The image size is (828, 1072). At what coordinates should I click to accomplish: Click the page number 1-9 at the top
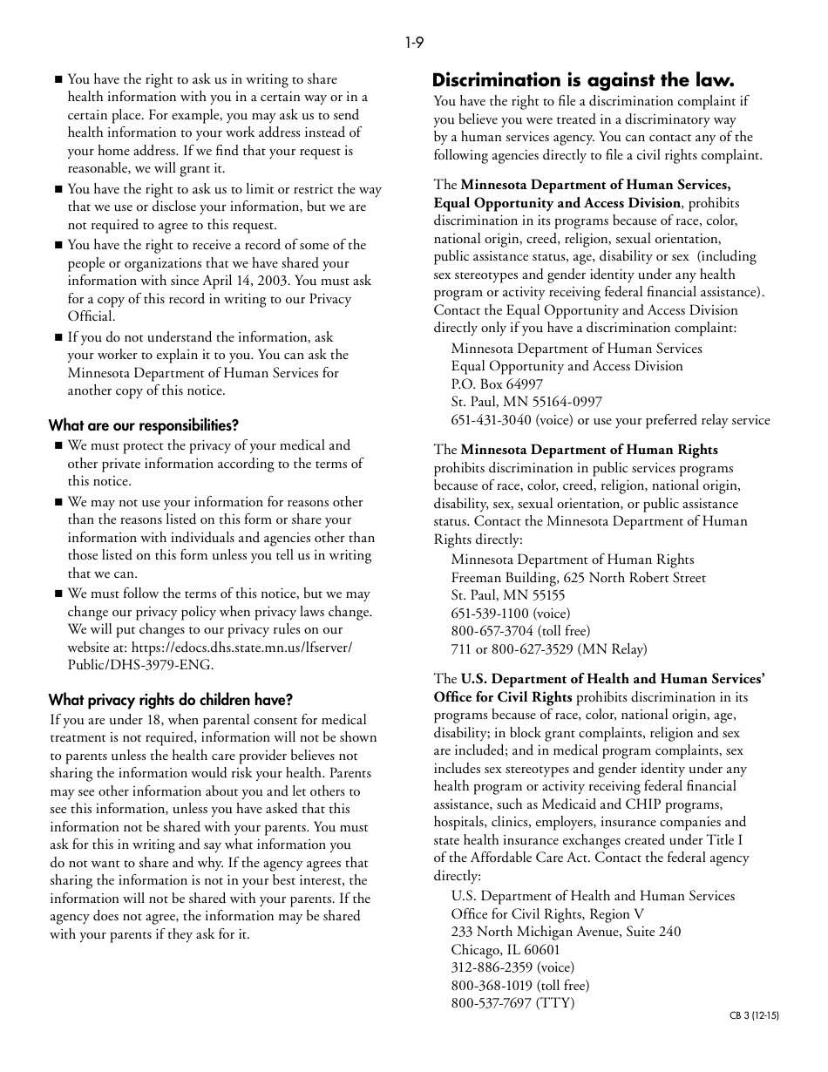[x=414, y=43]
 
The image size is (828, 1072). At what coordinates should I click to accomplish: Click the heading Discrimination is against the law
[x=583, y=80]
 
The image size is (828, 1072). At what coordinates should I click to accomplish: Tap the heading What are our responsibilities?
[x=143, y=425]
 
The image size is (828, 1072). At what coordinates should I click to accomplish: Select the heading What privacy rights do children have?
[x=170, y=700]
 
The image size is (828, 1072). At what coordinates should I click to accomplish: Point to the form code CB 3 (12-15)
[x=754, y=1015]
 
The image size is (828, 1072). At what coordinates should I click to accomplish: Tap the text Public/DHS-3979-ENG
[x=140, y=665]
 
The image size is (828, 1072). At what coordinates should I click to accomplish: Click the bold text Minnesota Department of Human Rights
[x=589, y=450]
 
